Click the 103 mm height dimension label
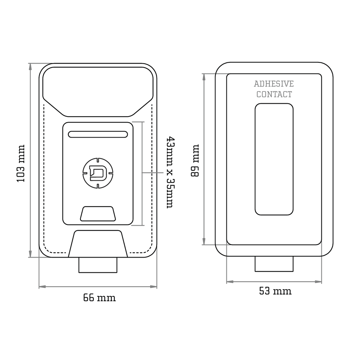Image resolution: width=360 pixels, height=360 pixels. point(21,163)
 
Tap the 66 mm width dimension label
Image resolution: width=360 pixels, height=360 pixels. point(99,298)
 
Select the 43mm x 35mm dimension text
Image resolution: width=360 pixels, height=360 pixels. point(170,172)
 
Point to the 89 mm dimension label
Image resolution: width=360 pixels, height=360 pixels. point(195,160)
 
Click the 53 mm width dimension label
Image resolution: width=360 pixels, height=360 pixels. point(275,291)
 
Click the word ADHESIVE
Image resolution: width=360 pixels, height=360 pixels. point(274,84)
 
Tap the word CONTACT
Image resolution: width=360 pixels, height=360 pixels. point(274,94)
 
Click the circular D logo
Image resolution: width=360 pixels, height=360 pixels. point(98,173)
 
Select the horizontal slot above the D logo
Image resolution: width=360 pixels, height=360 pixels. point(98,134)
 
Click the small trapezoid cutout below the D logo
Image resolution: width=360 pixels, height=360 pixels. point(98,214)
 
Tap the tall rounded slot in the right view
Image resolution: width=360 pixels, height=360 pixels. point(274,159)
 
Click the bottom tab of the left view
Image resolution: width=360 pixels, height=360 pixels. point(98,265)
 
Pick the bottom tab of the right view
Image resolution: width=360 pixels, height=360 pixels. point(274,264)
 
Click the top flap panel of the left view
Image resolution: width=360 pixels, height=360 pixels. point(98,91)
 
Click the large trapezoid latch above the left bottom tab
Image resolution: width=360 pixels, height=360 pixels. point(98,244)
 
